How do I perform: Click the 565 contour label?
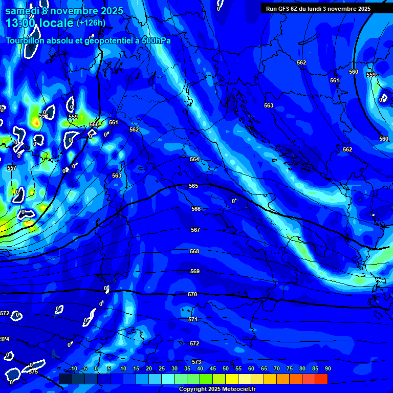click(193, 186)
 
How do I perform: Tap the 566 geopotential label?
click(196, 209)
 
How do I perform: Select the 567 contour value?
click(195, 230)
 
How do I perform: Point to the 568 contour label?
click(194, 251)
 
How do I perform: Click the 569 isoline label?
click(195, 271)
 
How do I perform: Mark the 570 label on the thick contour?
click(192, 294)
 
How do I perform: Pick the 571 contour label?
click(193, 319)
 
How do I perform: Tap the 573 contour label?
click(196, 362)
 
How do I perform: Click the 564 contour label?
click(194, 159)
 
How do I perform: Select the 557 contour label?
click(12, 168)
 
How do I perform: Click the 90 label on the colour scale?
click(327, 368)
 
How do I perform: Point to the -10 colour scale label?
click(73, 368)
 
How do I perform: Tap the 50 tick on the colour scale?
click(225, 368)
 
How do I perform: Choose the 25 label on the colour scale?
click(161, 368)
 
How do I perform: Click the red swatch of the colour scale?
click(321, 379)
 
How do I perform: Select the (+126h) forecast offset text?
click(91, 23)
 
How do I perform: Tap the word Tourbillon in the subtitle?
click(26, 40)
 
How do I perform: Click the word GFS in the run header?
click(285, 9)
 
